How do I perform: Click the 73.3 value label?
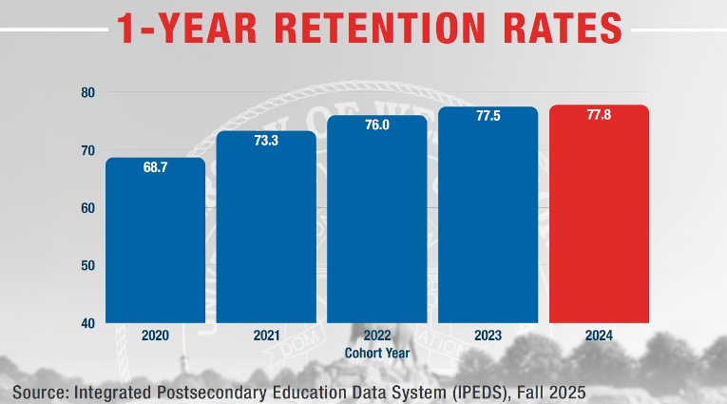tap(266, 141)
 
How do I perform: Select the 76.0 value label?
tap(377, 125)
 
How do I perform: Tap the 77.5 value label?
tap(488, 116)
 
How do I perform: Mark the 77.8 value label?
tap(600, 114)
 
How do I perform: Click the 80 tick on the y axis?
tap(86, 92)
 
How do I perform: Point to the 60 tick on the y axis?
tap(86, 207)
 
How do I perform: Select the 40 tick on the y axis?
tap(86, 322)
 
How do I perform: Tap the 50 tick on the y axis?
tap(86, 265)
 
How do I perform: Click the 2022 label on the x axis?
tap(377, 336)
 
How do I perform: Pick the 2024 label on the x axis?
tap(600, 336)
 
